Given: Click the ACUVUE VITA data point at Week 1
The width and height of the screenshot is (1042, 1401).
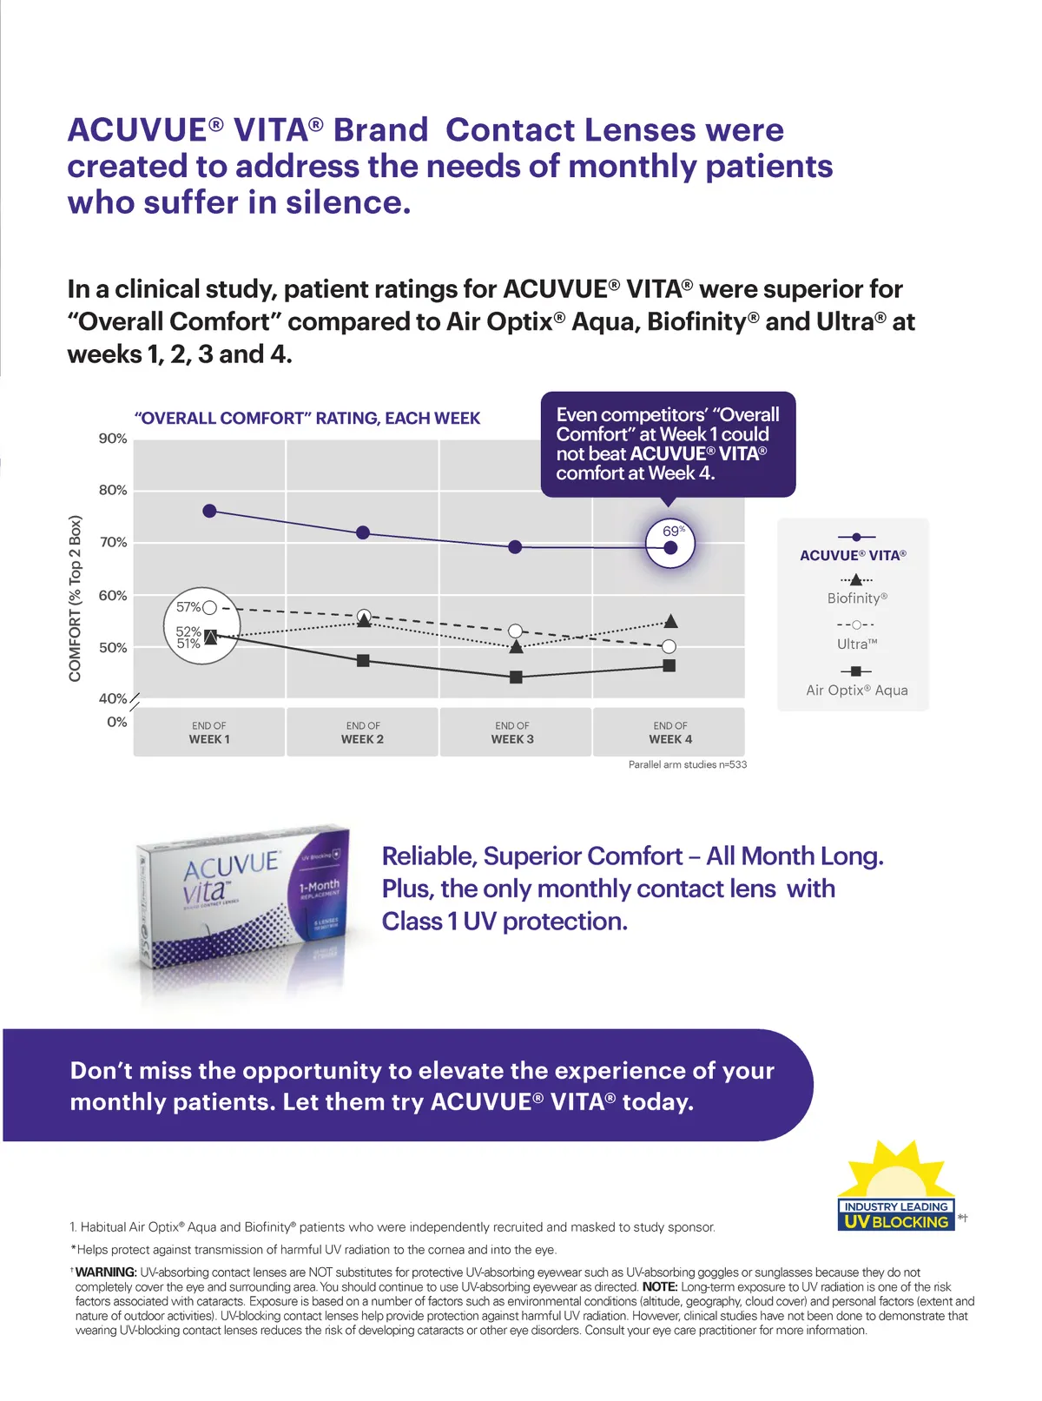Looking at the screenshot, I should [x=209, y=511].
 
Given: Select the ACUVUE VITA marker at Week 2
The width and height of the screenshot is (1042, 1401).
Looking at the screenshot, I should [x=363, y=532].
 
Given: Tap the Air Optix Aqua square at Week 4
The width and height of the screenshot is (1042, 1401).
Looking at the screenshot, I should [x=669, y=665].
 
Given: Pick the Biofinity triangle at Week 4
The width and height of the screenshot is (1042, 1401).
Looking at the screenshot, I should [x=670, y=621].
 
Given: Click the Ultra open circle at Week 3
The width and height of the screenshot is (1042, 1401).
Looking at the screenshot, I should [x=516, y=631].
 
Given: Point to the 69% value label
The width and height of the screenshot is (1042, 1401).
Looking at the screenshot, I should [x=673, y=531].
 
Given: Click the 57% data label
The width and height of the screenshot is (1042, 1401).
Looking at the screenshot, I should [x=188, y=607].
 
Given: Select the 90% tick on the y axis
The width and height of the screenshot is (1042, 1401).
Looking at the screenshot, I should [x=113, y=439].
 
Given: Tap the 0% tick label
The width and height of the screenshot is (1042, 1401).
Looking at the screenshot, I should [x=116, y=722].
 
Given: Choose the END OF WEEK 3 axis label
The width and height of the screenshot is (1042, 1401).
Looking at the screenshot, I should [x=512, y=732].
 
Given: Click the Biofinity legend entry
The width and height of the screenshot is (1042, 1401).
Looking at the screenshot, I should [x=857, y=598].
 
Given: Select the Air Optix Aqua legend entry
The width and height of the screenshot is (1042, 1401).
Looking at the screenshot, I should [x=857, y=690].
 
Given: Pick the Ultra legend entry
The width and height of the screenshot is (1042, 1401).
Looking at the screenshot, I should [x=857, y=644].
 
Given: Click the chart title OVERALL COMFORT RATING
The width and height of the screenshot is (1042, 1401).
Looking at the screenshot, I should [x=307, y=418].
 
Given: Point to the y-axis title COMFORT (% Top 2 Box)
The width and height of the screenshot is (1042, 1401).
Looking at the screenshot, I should [x=76, y=598].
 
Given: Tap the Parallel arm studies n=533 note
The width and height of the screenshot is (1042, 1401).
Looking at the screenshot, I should [x=687, y=764].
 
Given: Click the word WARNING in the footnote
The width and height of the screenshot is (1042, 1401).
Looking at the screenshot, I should [x=106, y=1272].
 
